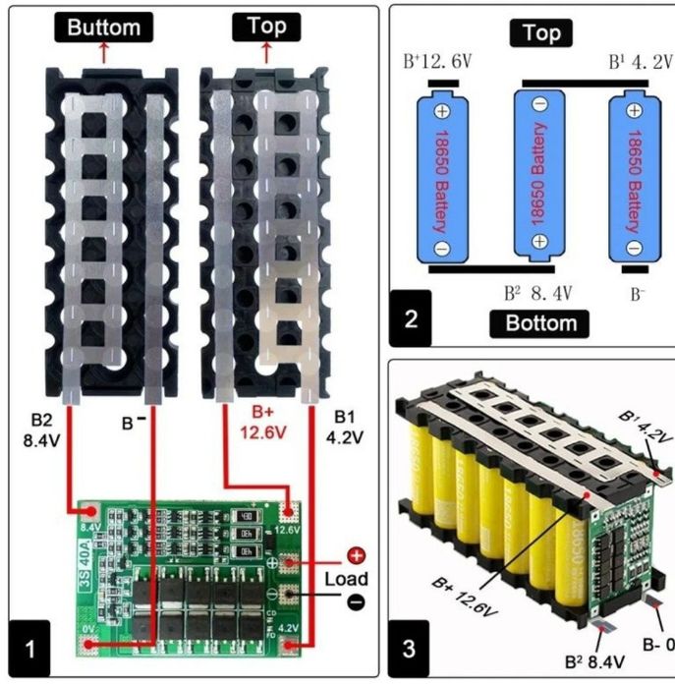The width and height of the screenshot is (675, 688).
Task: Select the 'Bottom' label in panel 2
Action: point(539,323)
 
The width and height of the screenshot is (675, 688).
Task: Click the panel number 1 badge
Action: point(32,649)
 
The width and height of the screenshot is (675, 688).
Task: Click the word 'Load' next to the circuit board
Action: point(347,579)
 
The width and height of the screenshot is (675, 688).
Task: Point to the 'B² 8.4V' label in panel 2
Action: point(538,293)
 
